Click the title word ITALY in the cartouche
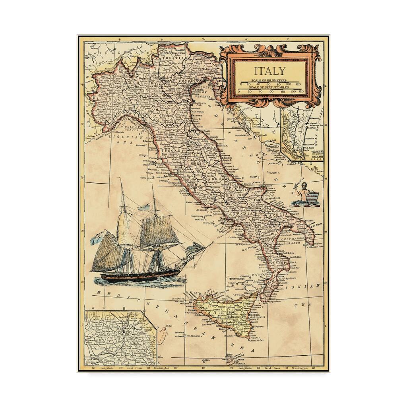pos(270,71)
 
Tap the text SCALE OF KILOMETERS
pos(270,81)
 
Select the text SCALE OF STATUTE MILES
pos(270,87)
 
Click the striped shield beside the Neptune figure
pos(313,198)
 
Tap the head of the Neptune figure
pos(304,185)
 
